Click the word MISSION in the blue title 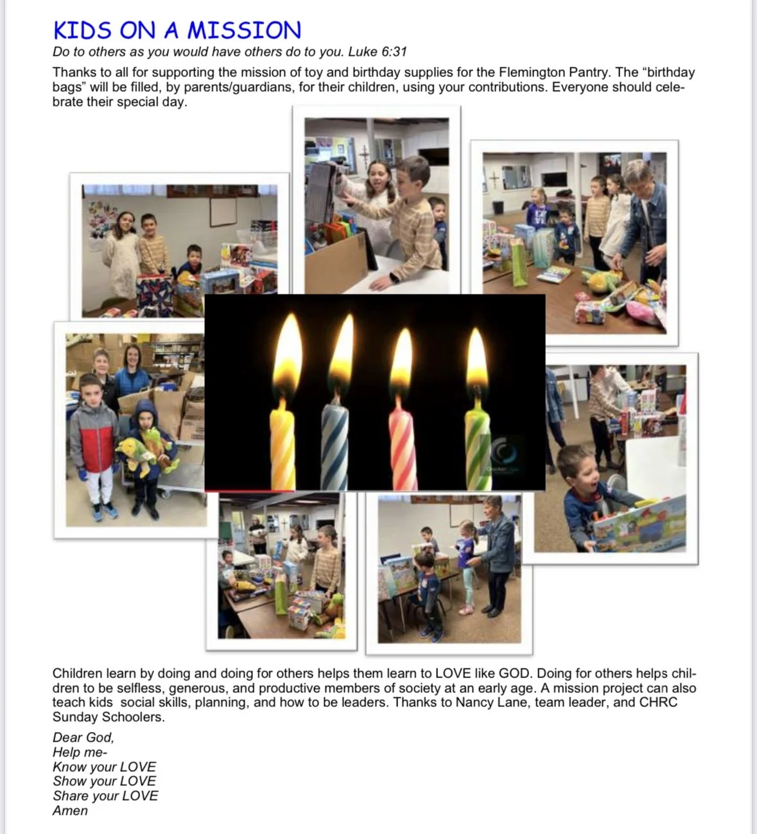click(x=244, y=30)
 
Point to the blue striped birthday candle click(x=335, y=446)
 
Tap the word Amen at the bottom click(x=70, y=810)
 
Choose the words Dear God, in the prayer click(x=83, y=737)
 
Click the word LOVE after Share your click(x=140, y=796)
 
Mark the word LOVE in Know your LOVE click(x=138, y=767)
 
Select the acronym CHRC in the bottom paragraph click(x=658, y=702)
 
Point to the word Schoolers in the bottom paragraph click(x=135, y=717)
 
